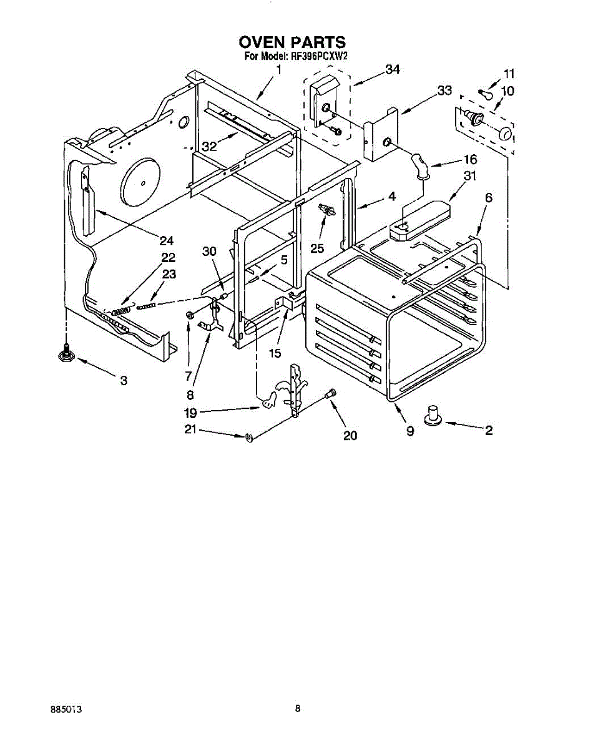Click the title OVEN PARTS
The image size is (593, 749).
(292, 42)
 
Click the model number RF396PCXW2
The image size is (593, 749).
(318, 56)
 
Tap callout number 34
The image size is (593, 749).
(392, 70)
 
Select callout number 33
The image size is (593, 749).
(444, 91)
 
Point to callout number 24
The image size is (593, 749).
(166, 240)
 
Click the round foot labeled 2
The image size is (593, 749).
(431, 415)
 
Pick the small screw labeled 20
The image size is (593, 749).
(331, 393)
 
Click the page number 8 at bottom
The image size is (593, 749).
(298, 708)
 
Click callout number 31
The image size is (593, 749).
(469, 177)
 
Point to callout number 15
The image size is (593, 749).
(275, 353)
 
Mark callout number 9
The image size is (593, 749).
(410, 431)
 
